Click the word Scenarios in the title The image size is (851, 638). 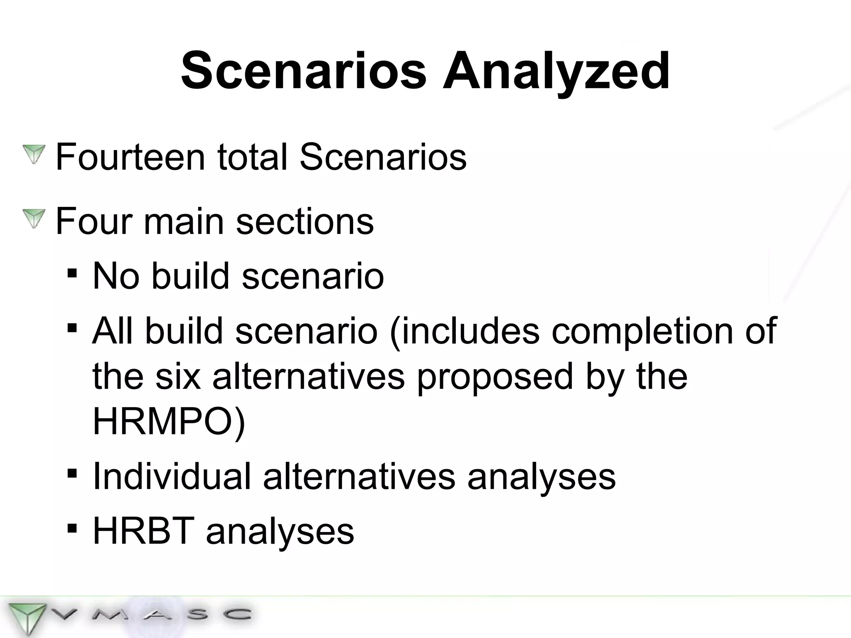pos(304,71)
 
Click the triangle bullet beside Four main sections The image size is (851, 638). pos(34,218)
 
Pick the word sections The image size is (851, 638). pos(305,221)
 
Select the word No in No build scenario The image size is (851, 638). pos(116,276)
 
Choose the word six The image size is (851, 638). pos(178,376)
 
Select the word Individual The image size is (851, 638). pos(172,476)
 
